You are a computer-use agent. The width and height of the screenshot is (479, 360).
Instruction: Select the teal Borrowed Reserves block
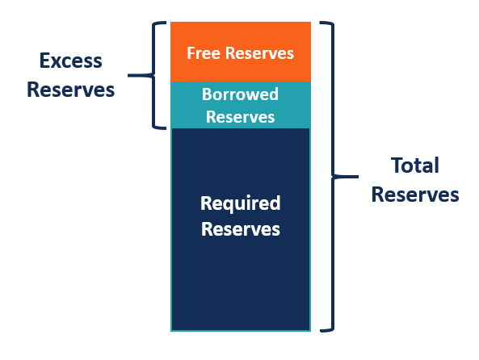[240, 105]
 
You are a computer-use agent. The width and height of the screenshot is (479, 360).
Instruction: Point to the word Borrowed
[240, 94]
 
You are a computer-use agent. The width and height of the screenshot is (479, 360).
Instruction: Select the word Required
[240, 203]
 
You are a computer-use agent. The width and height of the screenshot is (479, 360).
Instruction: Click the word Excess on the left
[71, 61]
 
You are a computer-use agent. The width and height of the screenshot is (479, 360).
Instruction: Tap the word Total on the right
[414, 165]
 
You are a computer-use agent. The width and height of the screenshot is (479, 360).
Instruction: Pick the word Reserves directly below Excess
[71, 90]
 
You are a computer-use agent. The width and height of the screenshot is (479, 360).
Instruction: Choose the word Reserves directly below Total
[414, 195]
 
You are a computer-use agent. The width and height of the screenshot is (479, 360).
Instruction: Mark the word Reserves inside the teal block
[240, 116]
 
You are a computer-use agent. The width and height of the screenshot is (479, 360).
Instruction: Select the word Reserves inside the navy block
[240, 228]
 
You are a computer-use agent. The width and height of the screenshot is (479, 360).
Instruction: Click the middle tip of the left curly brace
[131, 76]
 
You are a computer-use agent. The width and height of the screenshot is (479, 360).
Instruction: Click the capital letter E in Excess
[46, 61]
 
